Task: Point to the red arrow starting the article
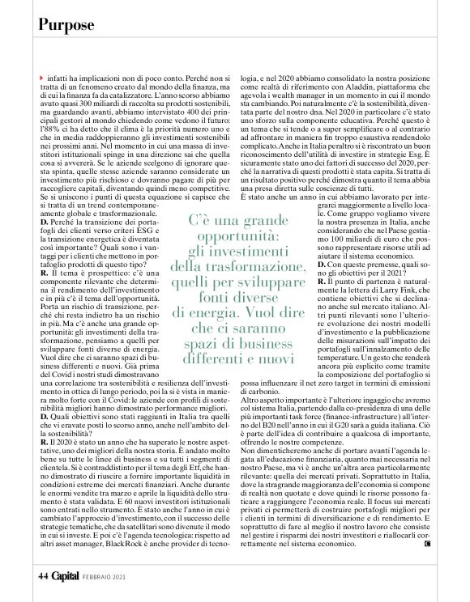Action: click(41, 76)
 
